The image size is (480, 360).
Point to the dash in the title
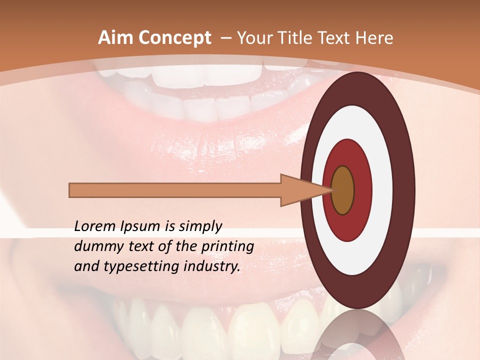pyautogui.click(x=225, y=38)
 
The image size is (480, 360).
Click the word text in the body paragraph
pyautogui.click(x=147, y=247)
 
